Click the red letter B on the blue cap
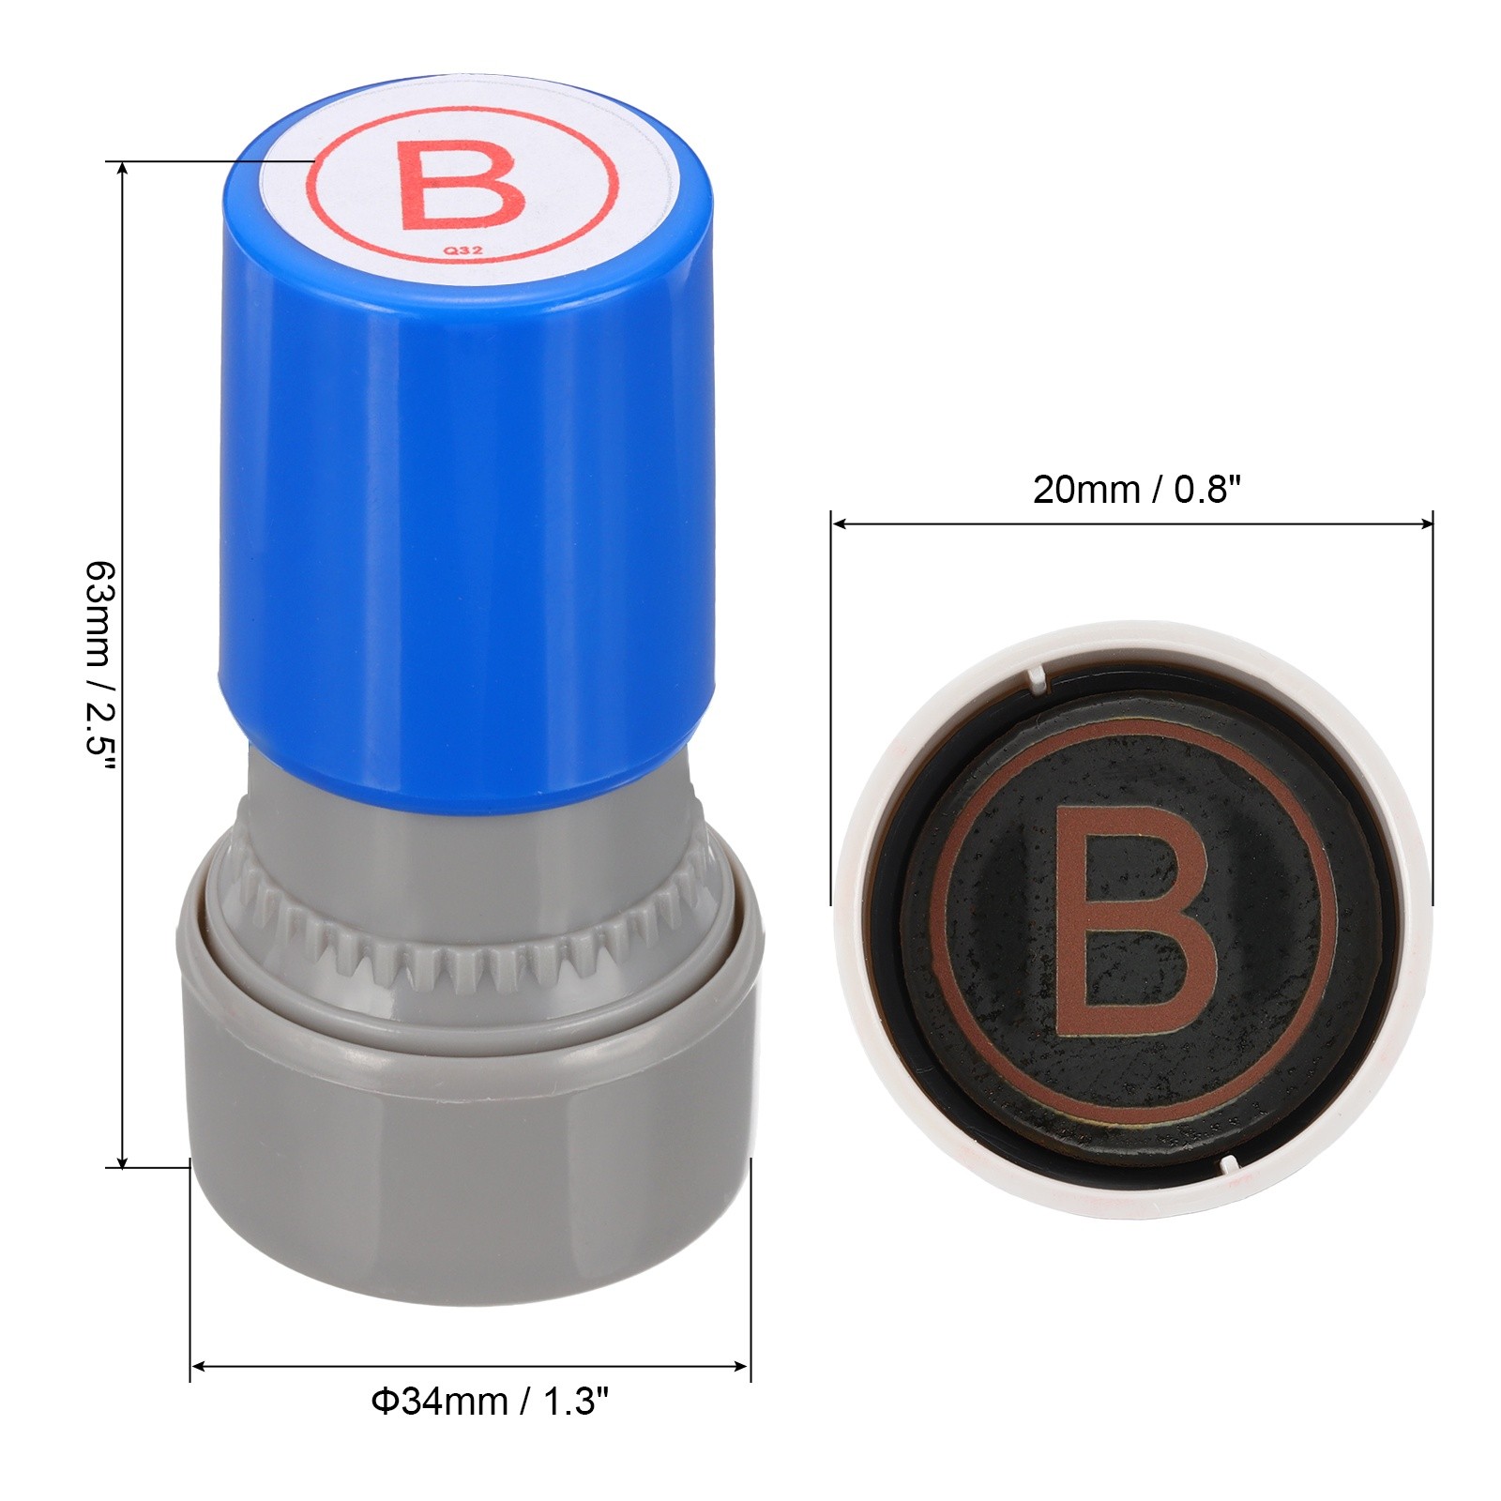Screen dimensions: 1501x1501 (461, 184)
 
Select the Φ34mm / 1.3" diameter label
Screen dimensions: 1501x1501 (490, 1402)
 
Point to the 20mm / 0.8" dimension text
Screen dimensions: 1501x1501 (1137, 490)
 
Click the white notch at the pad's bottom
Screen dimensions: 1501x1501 (1229, 1163)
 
